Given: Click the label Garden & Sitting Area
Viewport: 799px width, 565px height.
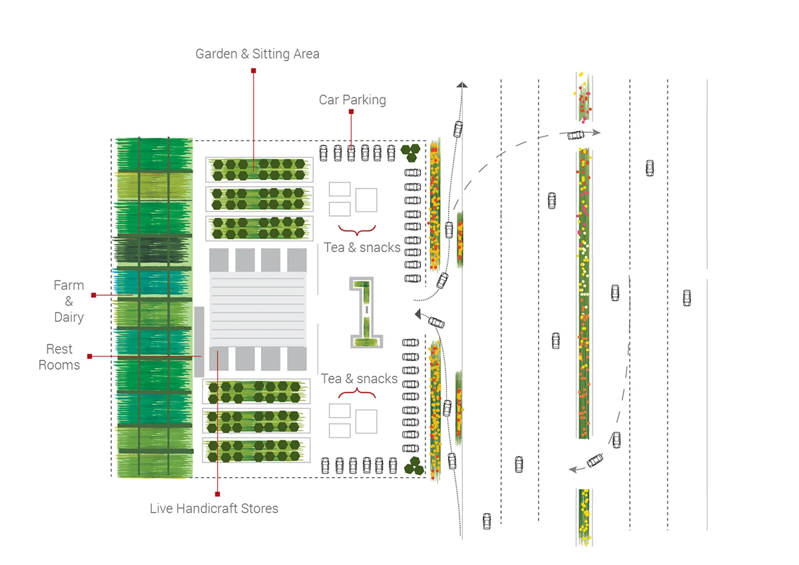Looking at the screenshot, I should [x=257, y=54].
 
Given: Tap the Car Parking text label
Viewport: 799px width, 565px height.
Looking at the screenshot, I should [x=352, y=100].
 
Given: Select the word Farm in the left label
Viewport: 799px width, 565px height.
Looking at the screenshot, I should [x=69, y=285].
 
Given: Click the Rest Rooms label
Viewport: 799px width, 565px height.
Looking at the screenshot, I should [x=59, y=356].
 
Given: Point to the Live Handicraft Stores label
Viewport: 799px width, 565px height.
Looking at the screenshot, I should [x=214, y=508].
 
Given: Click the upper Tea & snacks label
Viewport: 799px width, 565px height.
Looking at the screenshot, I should [x=362, y=247].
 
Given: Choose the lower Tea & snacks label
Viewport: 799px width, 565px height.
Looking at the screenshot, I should [x=359, y=378].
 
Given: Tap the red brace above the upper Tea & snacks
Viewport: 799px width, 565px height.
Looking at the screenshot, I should [x=357, y=231].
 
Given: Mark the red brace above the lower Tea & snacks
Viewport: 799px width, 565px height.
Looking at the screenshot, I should [x=357, y=394].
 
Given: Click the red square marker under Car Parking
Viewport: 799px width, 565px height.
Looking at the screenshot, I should [x=352, y=112].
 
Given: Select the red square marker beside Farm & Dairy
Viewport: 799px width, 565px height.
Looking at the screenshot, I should [x=94, y=294].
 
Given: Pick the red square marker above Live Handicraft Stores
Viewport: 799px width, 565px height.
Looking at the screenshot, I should [x=218, y=494].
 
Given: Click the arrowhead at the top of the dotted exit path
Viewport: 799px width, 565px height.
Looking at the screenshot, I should [x=461, y=84].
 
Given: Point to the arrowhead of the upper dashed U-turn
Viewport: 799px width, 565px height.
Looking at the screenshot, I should [x=596, y=133].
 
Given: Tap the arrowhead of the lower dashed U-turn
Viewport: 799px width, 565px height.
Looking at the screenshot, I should [x=572, y=470].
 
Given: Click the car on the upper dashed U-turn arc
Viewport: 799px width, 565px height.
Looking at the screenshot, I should [x=576, y=135].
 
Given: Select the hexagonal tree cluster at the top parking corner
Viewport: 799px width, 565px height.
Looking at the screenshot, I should [x=410, y=153].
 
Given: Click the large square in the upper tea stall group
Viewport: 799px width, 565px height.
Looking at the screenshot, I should [x=366, y=200].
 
